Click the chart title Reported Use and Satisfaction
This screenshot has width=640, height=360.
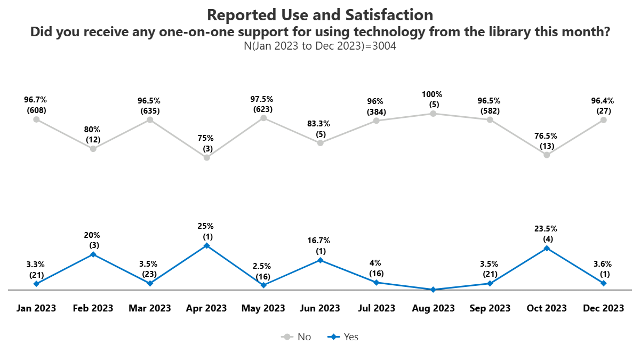[x=320, y=14]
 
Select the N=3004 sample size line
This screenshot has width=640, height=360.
[x=320, y=46]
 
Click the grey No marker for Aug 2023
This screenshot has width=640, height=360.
[x=433, y=114]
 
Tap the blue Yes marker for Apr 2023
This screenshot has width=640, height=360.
[x=206, y=245]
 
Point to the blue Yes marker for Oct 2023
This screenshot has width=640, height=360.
[x=547, y=248]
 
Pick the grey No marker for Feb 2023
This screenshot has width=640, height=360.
[x=93, y=149]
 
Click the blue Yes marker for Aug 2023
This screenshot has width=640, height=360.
[x=433, y=290]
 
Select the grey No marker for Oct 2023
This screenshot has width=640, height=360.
[x=547, y=155]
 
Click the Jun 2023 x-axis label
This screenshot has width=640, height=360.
[x=320, y=308]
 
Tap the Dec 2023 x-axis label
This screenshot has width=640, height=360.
[x=603, y=308]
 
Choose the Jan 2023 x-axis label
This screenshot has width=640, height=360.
[x=36, y=308]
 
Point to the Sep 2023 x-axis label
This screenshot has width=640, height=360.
[x=490, y=308]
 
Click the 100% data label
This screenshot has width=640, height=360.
[x=433, y=94]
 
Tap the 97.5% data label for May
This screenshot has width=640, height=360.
[x=263, y=99]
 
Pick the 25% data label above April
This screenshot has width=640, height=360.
[x=206, y=226]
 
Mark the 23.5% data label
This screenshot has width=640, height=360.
[x=547, y=229]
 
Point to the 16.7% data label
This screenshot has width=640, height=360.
[x=320, y=241]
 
